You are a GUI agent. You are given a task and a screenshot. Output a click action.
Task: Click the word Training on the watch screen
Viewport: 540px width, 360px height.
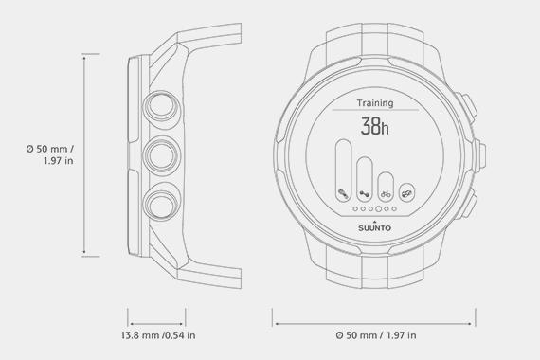[x=376, y=102]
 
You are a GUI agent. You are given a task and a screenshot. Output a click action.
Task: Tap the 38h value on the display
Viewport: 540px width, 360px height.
[x=376, y=128]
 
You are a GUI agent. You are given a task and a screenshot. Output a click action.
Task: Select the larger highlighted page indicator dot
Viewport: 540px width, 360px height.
[x=378, y=208]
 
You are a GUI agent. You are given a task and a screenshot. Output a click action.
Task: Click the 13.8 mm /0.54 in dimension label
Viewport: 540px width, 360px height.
[x=157, y=335]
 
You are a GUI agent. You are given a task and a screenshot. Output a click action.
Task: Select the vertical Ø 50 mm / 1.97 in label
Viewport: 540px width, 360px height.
[x=47, y=154]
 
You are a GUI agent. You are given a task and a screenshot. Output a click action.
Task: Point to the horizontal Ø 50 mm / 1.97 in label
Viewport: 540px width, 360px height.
[x=376, y=335]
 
